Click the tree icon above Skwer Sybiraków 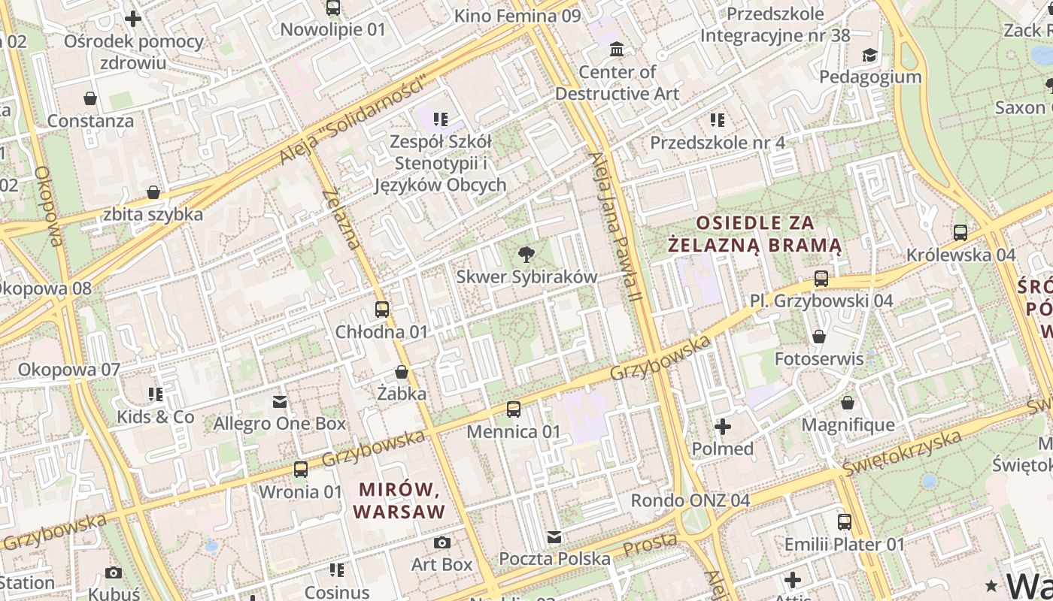click(526, 255)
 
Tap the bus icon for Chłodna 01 click(382, 310)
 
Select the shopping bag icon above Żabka click(402, 372)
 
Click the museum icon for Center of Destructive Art click(617, 50)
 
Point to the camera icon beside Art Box click(442, 542)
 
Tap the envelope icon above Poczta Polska click(554, 536)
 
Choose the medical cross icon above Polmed click(722, 427)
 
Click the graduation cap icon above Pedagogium click(869, 55)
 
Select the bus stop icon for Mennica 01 click(514, 409)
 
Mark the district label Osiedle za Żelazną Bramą click(754, 234)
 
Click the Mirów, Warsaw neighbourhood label click(399, 500)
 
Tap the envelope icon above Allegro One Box click(280, 402)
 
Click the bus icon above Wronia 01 click(301, 470)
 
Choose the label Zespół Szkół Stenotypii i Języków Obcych click(440, 163)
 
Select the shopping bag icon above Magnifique click(848, 403)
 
